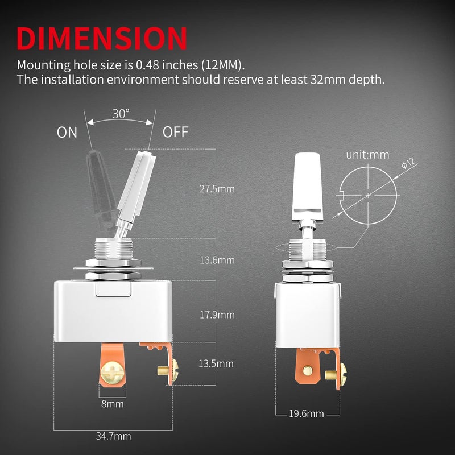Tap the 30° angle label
tap(121, 113)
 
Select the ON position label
tap(67, 133)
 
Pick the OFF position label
tap(175, 133)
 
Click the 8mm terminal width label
tap(111, 404)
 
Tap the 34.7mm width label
tap(114, 436)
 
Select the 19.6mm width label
tap(306, 413)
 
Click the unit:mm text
tap(367, 154)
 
